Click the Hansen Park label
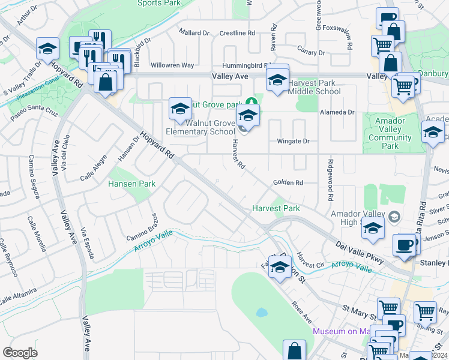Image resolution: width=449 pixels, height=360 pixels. point(131,184)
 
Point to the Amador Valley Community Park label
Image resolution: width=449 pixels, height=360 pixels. point(390,133)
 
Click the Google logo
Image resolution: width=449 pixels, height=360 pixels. point(20,353)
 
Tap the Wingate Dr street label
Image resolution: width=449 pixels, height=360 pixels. point(293,142)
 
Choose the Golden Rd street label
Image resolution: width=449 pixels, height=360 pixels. point(288,182)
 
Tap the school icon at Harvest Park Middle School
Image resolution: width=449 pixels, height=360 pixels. point(277,79)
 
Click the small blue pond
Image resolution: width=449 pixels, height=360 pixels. point(261,313)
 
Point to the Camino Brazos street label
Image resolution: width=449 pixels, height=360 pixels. point(141,227)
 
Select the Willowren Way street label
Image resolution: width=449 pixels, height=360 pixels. point(172,65)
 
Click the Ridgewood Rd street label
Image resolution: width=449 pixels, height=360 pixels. point(330,180)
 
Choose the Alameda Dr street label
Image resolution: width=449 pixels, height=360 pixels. point(339,112)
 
